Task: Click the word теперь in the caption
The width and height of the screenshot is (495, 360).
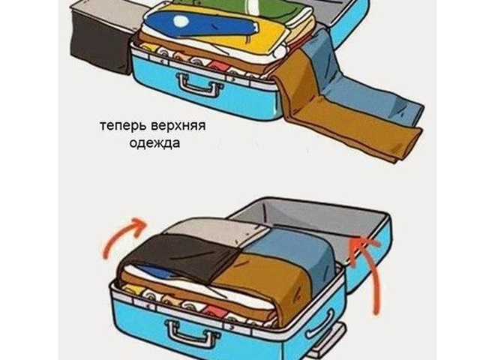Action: tap(124, 126)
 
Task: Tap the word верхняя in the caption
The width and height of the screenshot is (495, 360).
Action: tap(178, 126)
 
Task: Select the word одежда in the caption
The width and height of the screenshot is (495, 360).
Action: tap(154, 143)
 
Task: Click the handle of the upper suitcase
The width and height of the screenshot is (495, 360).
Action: tap(199, 85)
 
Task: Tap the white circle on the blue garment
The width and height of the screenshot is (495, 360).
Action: tap(181, 22)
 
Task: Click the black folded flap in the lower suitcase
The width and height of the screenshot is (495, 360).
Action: tap(183, 256)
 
